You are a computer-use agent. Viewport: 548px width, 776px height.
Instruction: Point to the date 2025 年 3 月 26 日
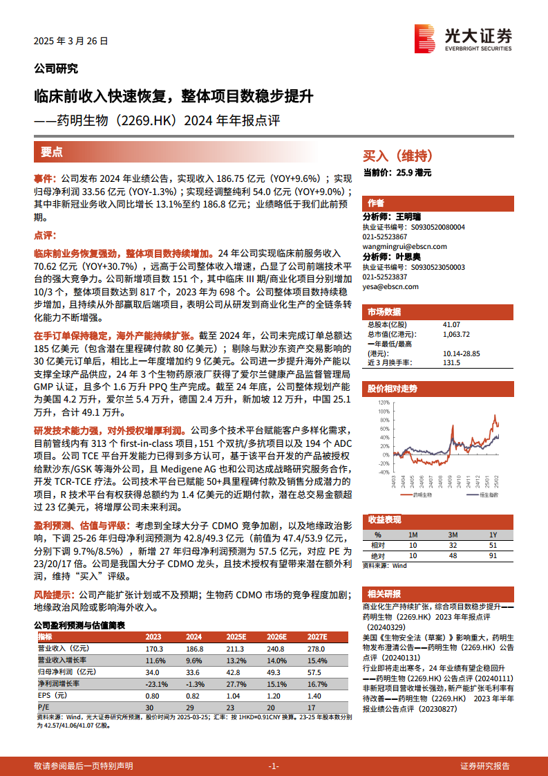tap(71, 41)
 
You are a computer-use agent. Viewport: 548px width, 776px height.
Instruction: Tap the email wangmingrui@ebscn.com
tap(404, 246)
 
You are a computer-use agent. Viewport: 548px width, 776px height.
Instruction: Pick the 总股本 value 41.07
tap(452, 324)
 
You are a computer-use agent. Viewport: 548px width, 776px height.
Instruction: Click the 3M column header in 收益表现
tap(453, 535)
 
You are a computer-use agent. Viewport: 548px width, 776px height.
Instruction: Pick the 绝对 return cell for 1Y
tap(492, 555)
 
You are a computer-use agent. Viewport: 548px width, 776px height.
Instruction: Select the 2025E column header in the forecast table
tap(236, 636)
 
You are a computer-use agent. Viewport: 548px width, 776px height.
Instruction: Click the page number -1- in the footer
tap(274, 766)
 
